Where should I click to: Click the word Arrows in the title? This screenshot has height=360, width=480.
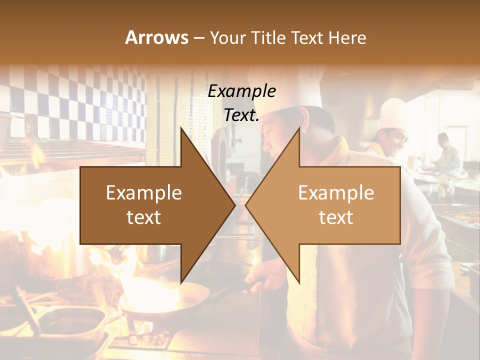(156, 37)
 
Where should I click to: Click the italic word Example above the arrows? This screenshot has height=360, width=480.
(242, 91)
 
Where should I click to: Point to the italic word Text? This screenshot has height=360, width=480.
(242, 115)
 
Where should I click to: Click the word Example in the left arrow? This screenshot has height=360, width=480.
(144, 193)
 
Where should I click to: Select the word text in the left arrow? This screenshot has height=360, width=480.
(144, 217)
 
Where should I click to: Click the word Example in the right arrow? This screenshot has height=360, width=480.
(336, 193)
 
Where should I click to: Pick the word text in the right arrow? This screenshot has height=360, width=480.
(336, 217)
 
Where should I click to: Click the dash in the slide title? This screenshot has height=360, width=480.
(198, 38)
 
